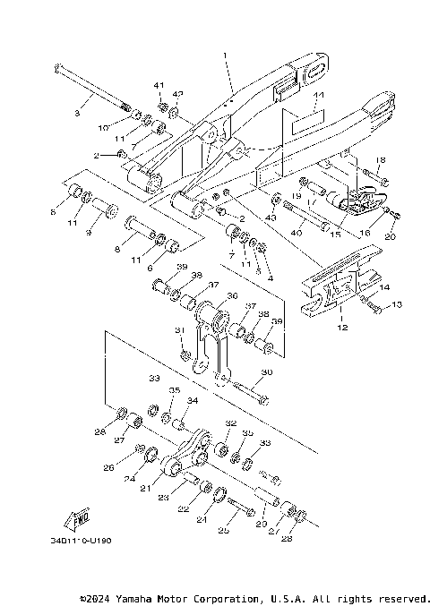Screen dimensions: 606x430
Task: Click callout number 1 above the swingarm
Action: tap(225, 55)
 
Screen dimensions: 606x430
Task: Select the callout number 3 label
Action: tap(77, 114)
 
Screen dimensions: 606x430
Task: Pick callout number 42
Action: tap(177, 94)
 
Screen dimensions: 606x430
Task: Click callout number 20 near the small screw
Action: tap(389, 236)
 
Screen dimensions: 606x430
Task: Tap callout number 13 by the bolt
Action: tap(397, 305)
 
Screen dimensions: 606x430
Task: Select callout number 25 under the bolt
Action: tap(223, 531)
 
